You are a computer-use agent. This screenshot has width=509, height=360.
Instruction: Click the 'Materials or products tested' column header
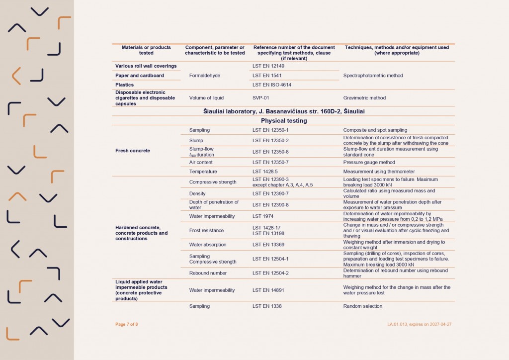(146, 50)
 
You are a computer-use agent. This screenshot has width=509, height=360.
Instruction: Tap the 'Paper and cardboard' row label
(140, 76)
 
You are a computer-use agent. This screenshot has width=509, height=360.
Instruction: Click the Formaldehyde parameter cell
(205, 76)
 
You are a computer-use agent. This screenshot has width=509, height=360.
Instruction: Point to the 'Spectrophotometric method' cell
(373, 76)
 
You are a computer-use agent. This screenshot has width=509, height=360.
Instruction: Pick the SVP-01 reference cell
(261, 98)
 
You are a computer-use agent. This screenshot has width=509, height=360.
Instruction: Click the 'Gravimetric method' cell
(364, 98)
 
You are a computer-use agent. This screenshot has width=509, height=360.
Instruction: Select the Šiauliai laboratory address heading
(283, 111)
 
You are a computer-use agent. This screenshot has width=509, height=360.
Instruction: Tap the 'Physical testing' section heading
(283, 121)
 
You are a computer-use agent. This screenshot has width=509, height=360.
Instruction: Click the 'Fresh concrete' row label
(132, 151)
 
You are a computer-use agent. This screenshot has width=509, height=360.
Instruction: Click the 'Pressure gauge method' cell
(369, 162)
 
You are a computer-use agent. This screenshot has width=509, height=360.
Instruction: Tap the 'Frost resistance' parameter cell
(206, 231)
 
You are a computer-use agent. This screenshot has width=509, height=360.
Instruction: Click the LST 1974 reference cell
(263, 216)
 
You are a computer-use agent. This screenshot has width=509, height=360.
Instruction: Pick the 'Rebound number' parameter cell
(208, 273)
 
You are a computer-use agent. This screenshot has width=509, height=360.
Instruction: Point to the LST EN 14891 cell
(268, 290)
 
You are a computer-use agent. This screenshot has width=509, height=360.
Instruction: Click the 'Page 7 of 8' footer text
(127, 324)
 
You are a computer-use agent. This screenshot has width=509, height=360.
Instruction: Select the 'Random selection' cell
(363, 306)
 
